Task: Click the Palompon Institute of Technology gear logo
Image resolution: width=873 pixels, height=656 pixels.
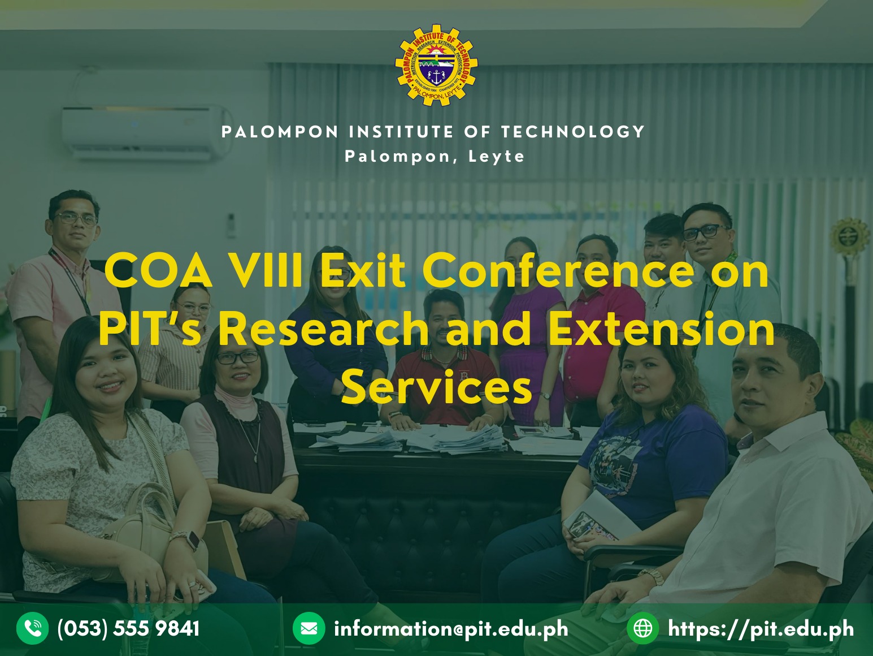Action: [x=436, y=65]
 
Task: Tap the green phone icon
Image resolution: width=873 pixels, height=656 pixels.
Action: [x=33, y=628]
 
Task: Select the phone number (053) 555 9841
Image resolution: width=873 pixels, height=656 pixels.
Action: [x=128, y=629]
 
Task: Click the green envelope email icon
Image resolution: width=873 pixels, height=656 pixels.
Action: [x=309, y=628]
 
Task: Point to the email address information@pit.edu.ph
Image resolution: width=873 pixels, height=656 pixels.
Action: [x=451, y=629]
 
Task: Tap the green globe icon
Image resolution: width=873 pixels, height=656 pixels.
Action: [x=642, y=628]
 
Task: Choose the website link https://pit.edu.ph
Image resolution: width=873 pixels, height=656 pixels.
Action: [x=761, y=629]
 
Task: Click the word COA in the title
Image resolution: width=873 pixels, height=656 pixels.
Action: [x=158, y=272]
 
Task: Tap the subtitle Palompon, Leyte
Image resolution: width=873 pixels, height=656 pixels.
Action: [x=435, y=157]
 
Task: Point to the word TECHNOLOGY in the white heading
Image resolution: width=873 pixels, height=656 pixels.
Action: [x=573, y=132]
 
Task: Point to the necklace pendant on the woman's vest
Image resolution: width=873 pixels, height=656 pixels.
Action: [x=256, y=459]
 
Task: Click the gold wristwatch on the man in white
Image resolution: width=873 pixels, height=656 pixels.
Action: [x=652, y=576]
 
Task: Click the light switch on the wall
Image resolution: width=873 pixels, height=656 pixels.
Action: [x=231, y=225]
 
